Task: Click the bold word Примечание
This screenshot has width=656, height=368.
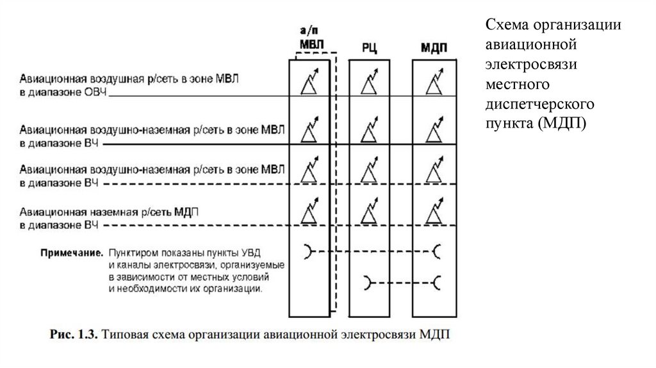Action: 71,253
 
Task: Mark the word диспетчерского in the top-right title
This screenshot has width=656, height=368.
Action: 541,103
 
